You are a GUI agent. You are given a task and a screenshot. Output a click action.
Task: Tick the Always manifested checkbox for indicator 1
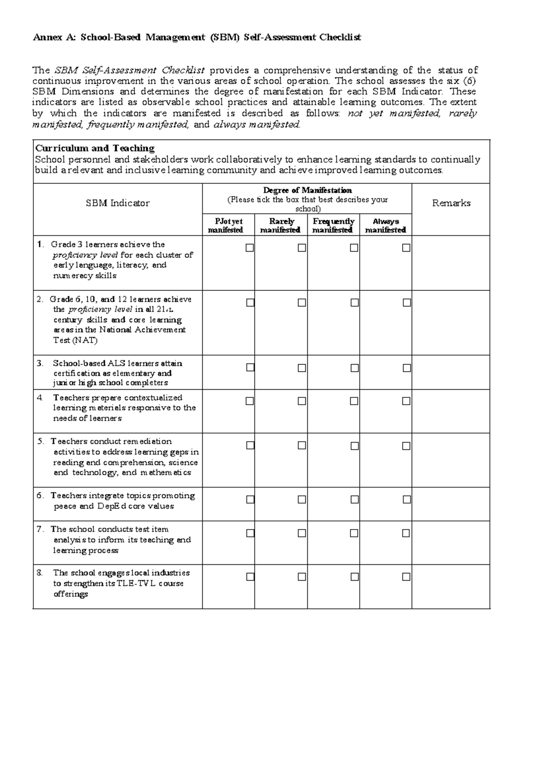[406, 248]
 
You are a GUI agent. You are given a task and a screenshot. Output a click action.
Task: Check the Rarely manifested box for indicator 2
[302, 303]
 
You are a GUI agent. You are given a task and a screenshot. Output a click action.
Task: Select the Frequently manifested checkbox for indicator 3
[355, 368]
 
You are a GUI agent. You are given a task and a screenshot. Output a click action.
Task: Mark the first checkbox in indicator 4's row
[250, 401]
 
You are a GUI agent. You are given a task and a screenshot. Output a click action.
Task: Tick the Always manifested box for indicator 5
[406, 446]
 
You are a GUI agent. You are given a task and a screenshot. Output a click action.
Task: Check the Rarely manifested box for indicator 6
[302, 500]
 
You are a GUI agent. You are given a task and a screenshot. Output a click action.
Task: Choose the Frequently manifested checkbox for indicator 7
[355, 533]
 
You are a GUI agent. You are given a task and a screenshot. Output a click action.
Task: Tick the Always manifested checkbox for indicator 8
[406, 577]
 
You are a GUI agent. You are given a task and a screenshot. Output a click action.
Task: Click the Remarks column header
[451, 203]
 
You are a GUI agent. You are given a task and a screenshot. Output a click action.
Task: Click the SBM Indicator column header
[118, 203]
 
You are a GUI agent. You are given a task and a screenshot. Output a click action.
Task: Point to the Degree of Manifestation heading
[307, 190]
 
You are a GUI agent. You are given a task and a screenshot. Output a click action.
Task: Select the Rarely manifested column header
[281, 226]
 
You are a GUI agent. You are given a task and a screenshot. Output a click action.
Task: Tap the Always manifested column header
[386, 226]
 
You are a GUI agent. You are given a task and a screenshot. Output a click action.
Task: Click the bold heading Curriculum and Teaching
[95, 148]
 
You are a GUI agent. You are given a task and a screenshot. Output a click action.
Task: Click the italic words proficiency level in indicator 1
[86, 255]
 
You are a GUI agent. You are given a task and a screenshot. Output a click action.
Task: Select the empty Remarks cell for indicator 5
[451, 460]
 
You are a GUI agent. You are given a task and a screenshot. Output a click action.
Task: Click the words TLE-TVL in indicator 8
[136, 583]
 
